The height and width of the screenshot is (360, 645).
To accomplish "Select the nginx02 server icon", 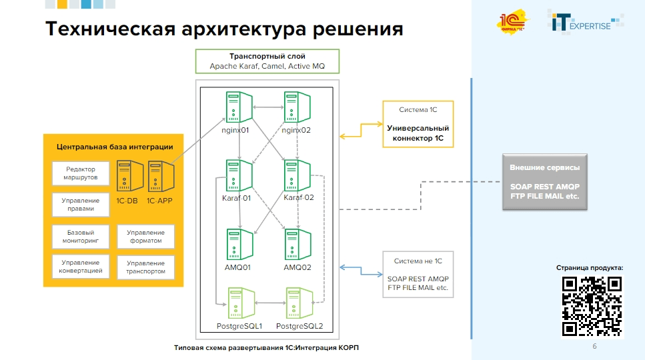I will coord(297,107).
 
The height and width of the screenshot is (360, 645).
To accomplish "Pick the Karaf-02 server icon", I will coord(297,176).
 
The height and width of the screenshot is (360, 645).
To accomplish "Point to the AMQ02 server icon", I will coord(297,245).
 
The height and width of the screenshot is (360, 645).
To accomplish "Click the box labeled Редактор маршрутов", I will coord(81,173).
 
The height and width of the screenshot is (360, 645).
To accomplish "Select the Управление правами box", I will coord(81,205).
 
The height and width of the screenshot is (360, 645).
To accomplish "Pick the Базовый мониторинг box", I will coord(81,236).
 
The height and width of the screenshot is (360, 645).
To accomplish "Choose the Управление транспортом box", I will coord(145,267).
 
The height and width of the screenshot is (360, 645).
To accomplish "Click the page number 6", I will coord(594,347).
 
